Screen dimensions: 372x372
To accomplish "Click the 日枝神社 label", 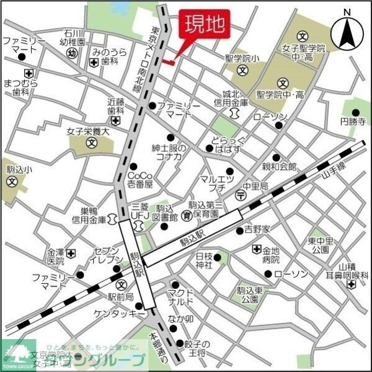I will point(204,260).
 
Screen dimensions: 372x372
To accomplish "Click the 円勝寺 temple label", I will point(353,122).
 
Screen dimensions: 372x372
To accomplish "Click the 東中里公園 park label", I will point(321,246).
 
